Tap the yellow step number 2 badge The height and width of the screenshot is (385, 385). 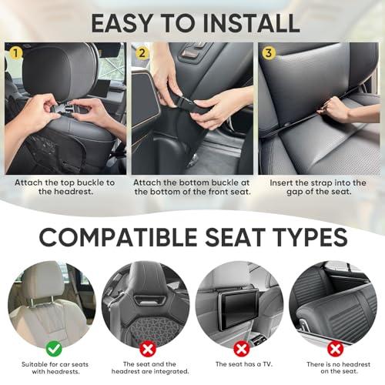[140, 52]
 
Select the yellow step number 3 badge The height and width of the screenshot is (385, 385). [267, 52]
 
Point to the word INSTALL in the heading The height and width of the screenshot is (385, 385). [243, 22]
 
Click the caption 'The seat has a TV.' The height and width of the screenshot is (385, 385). [239, 363]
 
